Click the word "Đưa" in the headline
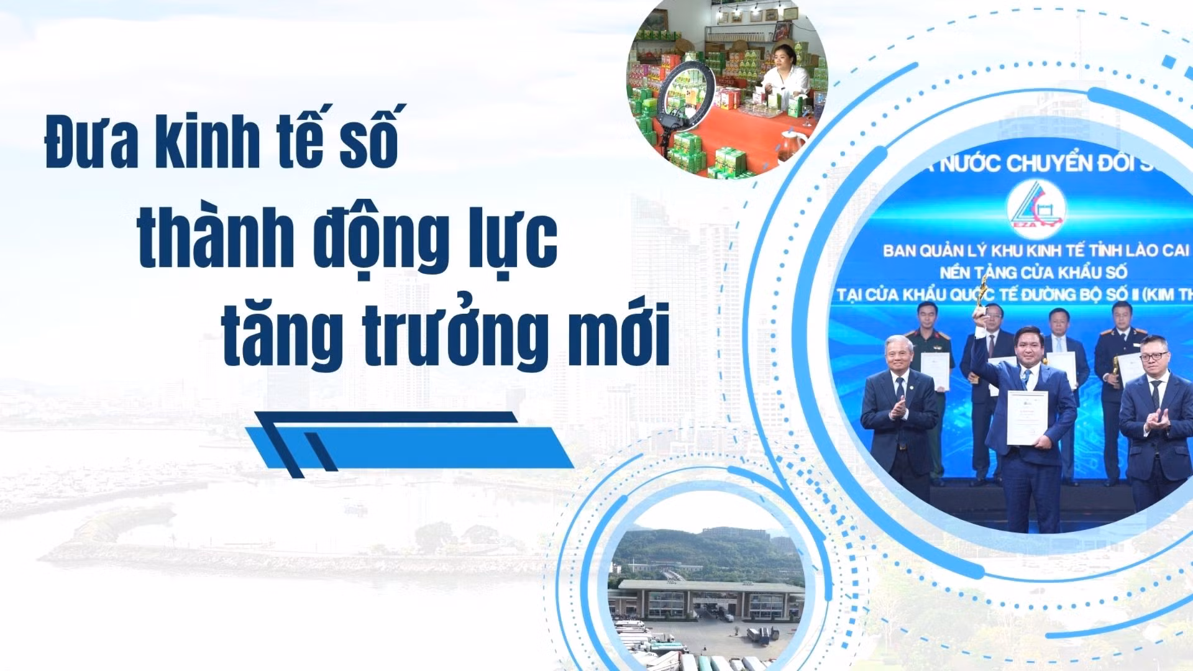pos(91,142)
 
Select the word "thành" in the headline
pos(215,239)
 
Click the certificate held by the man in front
pos(1026,418)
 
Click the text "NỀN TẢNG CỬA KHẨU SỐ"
pos(1033,272)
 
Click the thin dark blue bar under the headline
pos(385,417)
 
